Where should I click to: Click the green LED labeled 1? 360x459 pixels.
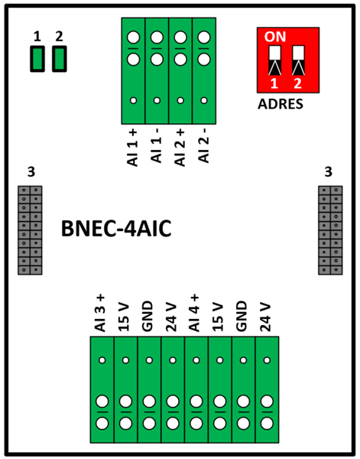[x=37, y=59]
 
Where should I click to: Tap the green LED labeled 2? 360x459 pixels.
[x=60, y=59]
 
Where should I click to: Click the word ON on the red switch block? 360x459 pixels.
[x=275, y=37]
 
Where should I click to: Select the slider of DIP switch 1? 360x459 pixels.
[x=274, y=60]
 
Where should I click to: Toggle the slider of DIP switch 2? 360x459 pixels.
[x=298, y=60]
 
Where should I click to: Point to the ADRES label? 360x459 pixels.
[x=281, y=104]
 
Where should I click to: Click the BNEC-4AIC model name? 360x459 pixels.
[x=116, y=229]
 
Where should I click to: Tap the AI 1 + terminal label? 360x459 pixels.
[x=133, y=148]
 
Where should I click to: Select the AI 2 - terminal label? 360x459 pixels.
[x=204, y=146]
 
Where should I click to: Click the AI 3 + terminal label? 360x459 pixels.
[x=100, y=313]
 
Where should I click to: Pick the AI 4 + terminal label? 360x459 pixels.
[x=194, y=313]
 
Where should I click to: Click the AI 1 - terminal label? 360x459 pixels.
[x=157, y=146]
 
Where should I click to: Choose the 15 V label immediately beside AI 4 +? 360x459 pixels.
[x=218, y=317]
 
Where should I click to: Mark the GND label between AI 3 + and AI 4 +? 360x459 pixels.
[x=148, y=317]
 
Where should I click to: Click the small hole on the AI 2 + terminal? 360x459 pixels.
[x=180, y=100]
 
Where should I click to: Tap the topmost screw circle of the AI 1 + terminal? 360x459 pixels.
[x=133, y=37]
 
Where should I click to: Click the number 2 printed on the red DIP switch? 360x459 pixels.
[x=297, y=83]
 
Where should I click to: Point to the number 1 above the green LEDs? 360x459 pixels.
[x=37, y=37]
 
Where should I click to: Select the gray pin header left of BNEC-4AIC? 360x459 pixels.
[x=30, y=230]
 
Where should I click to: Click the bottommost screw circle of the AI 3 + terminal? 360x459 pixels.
[x=102, y=423]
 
